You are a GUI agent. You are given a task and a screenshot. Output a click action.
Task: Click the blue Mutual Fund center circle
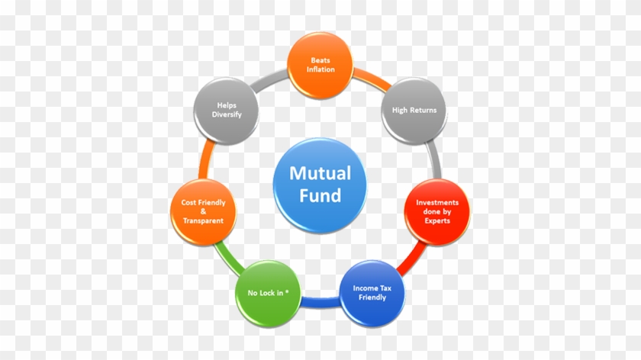coord(320,185)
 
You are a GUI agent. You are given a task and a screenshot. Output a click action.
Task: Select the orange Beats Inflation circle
coord(320,66)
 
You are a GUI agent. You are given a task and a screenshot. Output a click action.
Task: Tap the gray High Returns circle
coord(414,111)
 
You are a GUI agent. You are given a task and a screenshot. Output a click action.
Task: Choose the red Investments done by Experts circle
coord(437,212)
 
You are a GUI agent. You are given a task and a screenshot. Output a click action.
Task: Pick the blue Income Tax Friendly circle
coord(372,293)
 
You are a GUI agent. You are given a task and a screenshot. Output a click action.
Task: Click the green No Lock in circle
coord(268,294)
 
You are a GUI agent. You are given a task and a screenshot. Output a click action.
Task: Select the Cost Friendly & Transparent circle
coord(203,212)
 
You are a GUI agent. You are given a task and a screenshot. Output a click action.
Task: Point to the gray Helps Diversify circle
coord(226,111)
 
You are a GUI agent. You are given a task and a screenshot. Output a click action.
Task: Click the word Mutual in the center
coord(320,173)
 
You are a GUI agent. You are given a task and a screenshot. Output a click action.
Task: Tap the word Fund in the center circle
coord(320,195)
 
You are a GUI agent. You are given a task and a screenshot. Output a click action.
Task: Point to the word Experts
coord(437,220)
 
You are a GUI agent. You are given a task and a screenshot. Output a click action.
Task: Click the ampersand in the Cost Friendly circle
coord(203,211)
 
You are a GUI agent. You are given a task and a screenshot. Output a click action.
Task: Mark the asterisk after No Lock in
coord(287,291)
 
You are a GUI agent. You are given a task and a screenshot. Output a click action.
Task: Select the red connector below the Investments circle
coord(411,259)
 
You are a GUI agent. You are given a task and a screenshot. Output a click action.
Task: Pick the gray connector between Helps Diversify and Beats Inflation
coord(269,80)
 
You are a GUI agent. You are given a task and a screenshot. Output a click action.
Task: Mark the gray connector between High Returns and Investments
coord(433,160)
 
